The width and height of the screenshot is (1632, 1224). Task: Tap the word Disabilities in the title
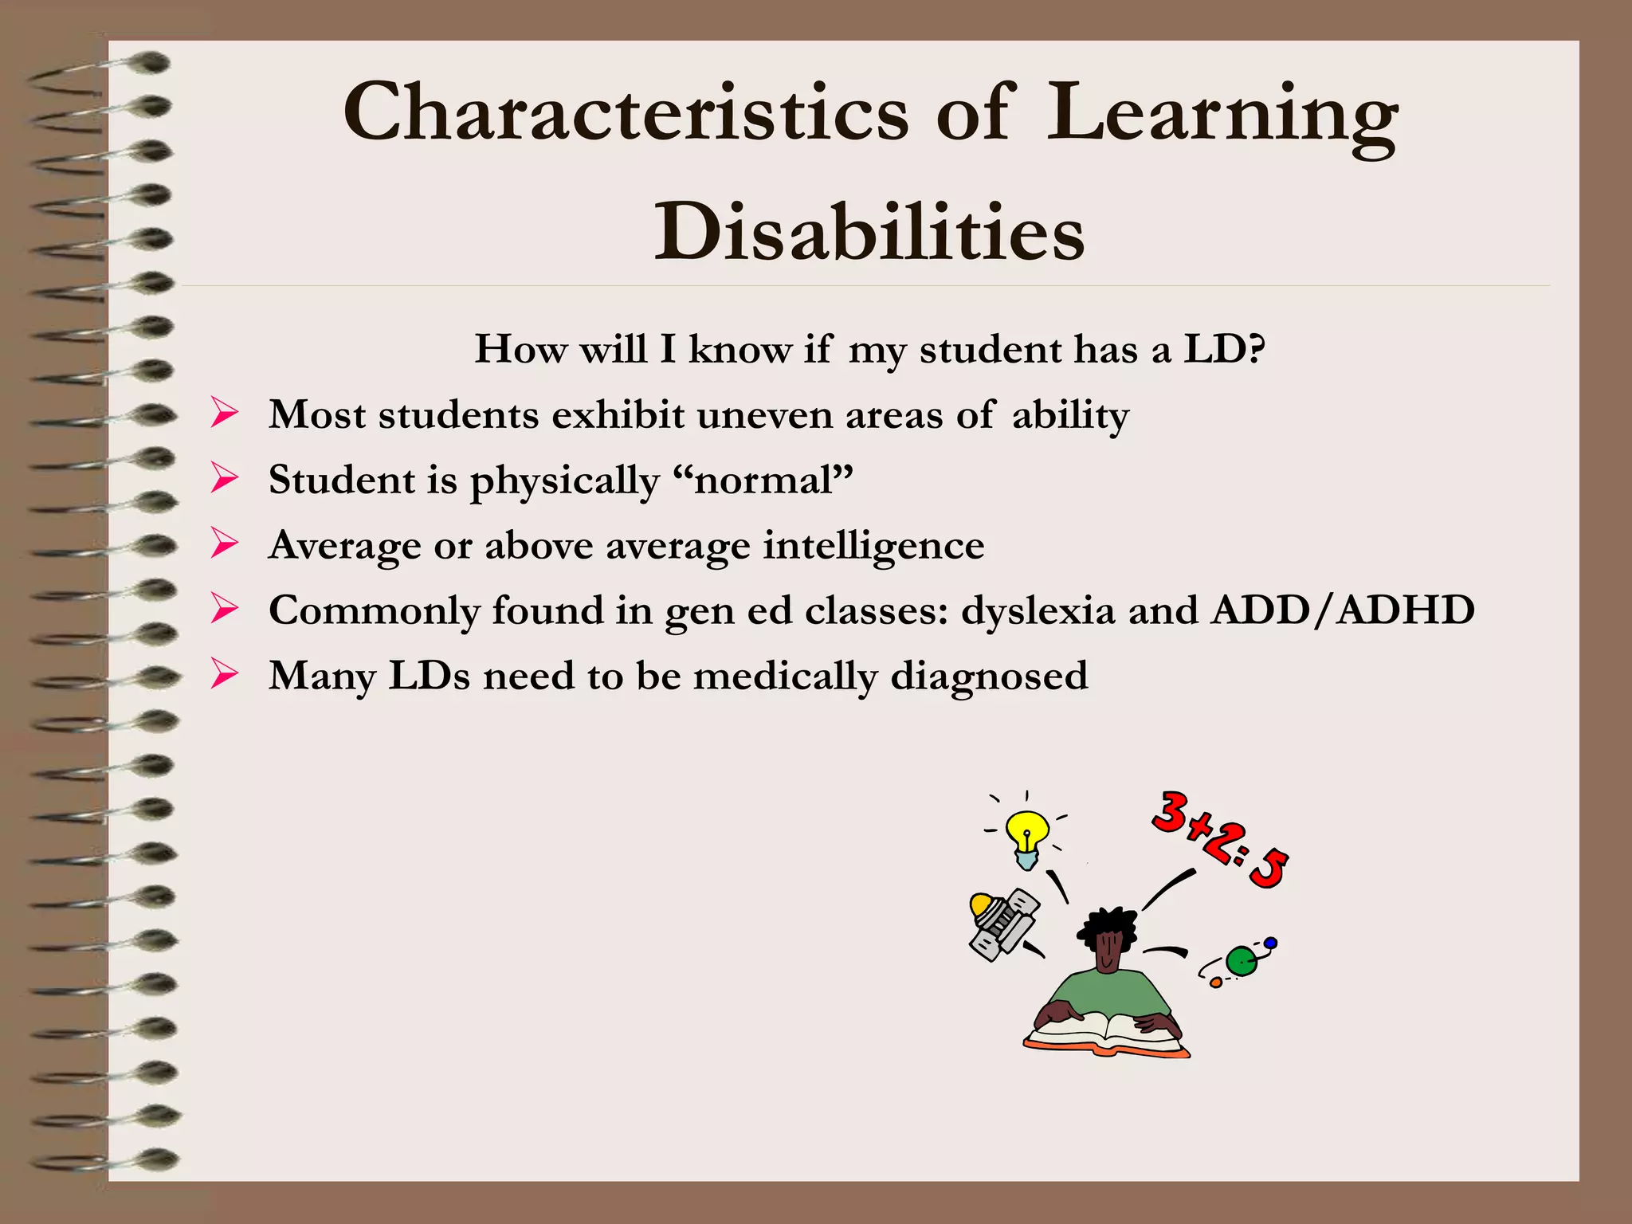(869, 231)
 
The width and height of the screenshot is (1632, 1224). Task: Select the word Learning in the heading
(1221, 116)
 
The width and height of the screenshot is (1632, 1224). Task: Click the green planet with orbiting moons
(1241, 961)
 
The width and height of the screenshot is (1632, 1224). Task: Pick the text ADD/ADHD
(1343, 610)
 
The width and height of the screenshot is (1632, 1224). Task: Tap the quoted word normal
(763, 481)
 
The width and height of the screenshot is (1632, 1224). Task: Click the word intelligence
(873, 546)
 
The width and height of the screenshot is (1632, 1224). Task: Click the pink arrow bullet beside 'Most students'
(225, 414)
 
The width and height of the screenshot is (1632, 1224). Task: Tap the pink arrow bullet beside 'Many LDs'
(225, 675)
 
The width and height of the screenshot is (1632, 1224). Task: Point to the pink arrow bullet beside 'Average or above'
(225, 544)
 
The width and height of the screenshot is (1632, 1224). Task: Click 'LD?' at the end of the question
(1224, 349)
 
